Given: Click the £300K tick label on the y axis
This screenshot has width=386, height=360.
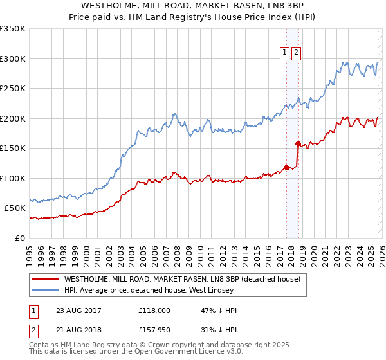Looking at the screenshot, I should pyautogui.click(x=13, y=59).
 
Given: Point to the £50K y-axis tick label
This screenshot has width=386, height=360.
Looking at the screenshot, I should pyautogui.click(x=15, y=208).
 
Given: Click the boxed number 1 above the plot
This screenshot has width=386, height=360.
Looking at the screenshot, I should pyautogui.click(x=284, y=53).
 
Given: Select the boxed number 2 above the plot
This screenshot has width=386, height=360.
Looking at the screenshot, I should pyautogui.click(x=296, y=53).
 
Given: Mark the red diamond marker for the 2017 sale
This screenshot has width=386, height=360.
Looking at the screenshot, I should pyautogui.click(x=286, y=167).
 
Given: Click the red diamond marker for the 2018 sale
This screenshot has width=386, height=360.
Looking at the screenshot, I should pyautogui.click(x=297, y=143).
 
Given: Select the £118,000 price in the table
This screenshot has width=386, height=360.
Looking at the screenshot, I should pyautogui.click(x=154, y=310).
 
